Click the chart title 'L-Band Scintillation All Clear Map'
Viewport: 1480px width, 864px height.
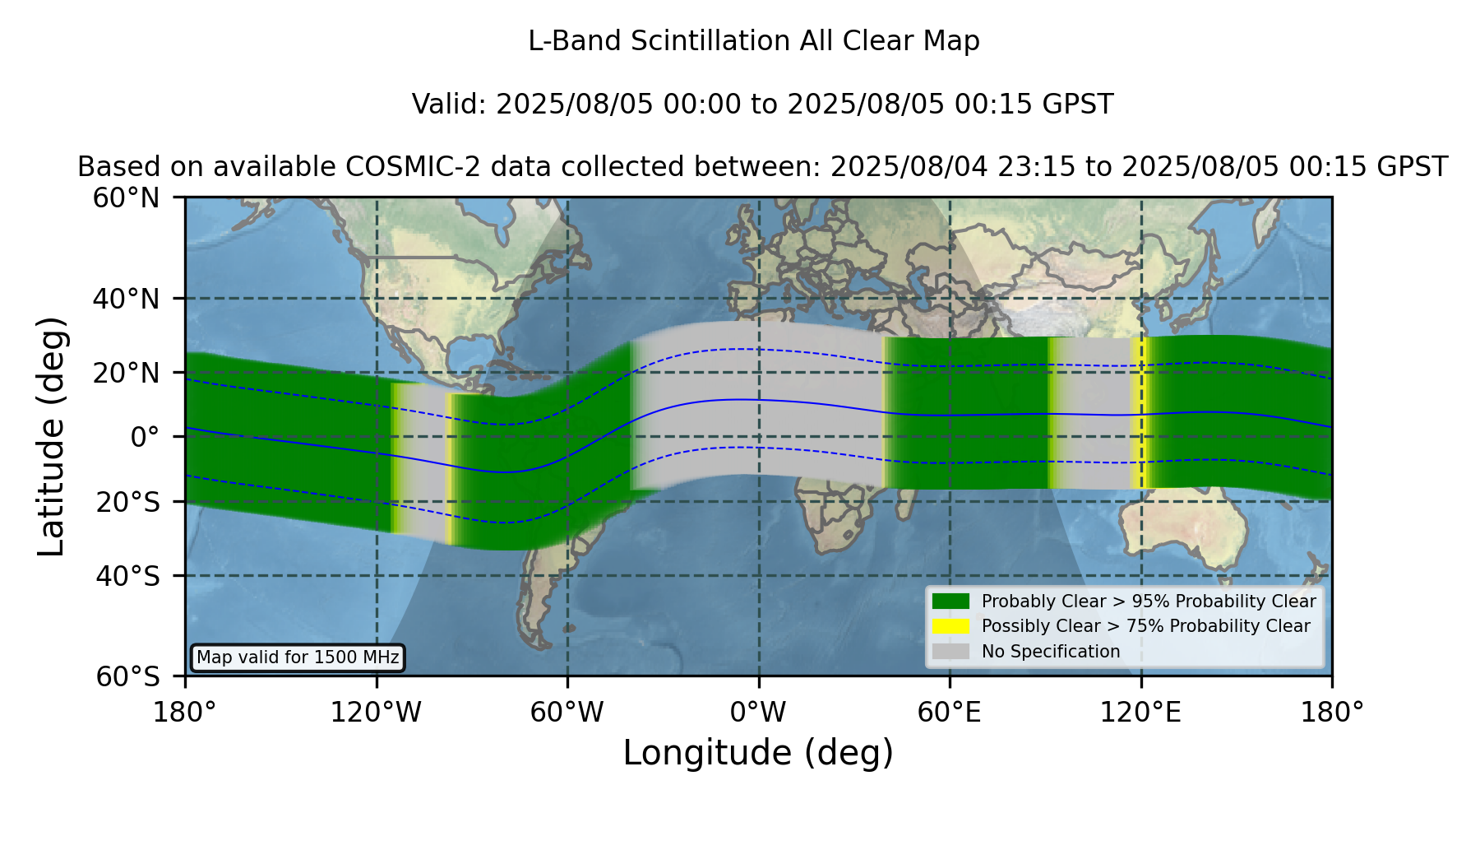(x=754, y=41)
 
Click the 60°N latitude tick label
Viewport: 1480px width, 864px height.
(x=127, y=197)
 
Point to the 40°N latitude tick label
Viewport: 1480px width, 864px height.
(x=127, y=299)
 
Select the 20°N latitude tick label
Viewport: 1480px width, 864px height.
(x=127, y=373)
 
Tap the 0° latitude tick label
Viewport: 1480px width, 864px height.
(x=146, y=437)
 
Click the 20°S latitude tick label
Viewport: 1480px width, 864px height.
(x=127, y=501)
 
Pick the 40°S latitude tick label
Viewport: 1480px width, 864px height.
(x=127, y=576)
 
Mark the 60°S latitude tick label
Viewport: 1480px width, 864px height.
(x=127, y=676)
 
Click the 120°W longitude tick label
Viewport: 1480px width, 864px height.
(x=376, y=712)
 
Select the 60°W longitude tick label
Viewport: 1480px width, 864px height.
(x=567, y=712)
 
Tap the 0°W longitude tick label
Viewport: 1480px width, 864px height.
(x=758, y=712)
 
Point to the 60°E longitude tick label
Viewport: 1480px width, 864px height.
(x=950, y=712)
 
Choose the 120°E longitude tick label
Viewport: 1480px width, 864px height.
(x=1140, y=712)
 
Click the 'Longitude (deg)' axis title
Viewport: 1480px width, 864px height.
(x=758, y=753)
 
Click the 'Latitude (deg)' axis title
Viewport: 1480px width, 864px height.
(x=51, y=436)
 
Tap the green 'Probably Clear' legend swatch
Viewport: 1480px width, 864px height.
(x=951, y=602)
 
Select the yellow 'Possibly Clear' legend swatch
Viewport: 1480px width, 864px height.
(x=951, y=626)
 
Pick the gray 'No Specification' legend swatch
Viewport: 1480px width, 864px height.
(x=951, y=652)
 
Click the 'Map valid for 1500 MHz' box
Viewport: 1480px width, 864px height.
(x=298, y=657)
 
